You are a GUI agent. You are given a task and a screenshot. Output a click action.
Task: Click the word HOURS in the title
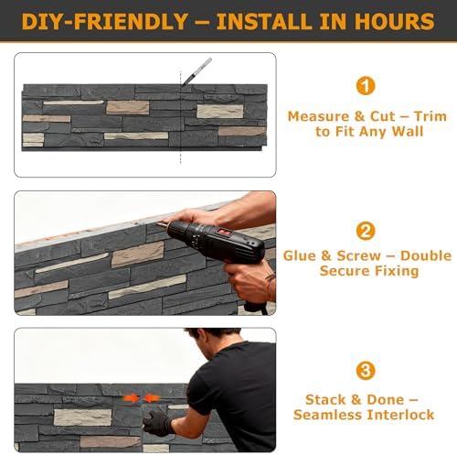point(395,21)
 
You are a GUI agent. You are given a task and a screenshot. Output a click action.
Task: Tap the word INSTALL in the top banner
point(265,21)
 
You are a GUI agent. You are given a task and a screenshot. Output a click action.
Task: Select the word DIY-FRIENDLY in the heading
point(104,21)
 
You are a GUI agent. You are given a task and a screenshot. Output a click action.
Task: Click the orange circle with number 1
point(366,86)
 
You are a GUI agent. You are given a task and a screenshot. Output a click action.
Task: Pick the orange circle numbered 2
point(366,231)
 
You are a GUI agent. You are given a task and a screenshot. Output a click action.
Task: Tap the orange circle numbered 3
point(366,371)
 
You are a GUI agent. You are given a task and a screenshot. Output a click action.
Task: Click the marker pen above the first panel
point(197,71)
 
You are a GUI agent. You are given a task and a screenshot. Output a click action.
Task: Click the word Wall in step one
point(408,132)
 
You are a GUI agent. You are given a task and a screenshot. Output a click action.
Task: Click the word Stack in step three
point(325,399)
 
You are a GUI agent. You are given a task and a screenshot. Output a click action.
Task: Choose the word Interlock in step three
point(400,415)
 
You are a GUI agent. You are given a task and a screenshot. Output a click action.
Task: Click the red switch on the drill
point(224,233)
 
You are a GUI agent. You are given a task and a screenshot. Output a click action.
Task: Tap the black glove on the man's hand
point(157,423)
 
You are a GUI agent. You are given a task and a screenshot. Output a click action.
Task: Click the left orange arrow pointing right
point(132,398)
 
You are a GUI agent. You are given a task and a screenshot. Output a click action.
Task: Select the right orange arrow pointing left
point(152,398)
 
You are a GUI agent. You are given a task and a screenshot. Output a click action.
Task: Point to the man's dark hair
point(213,336)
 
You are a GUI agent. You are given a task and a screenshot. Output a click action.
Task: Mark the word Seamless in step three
point(328,415)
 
